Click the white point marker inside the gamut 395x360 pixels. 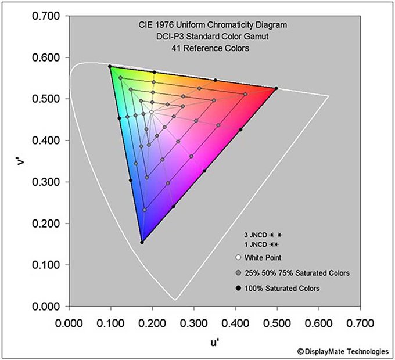click(152, 112)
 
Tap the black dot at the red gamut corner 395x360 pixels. click(276, 88)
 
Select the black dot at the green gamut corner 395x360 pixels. click(110, 66)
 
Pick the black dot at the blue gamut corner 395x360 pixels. click(142, 242)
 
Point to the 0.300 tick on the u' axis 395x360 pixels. click(194, 321)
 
